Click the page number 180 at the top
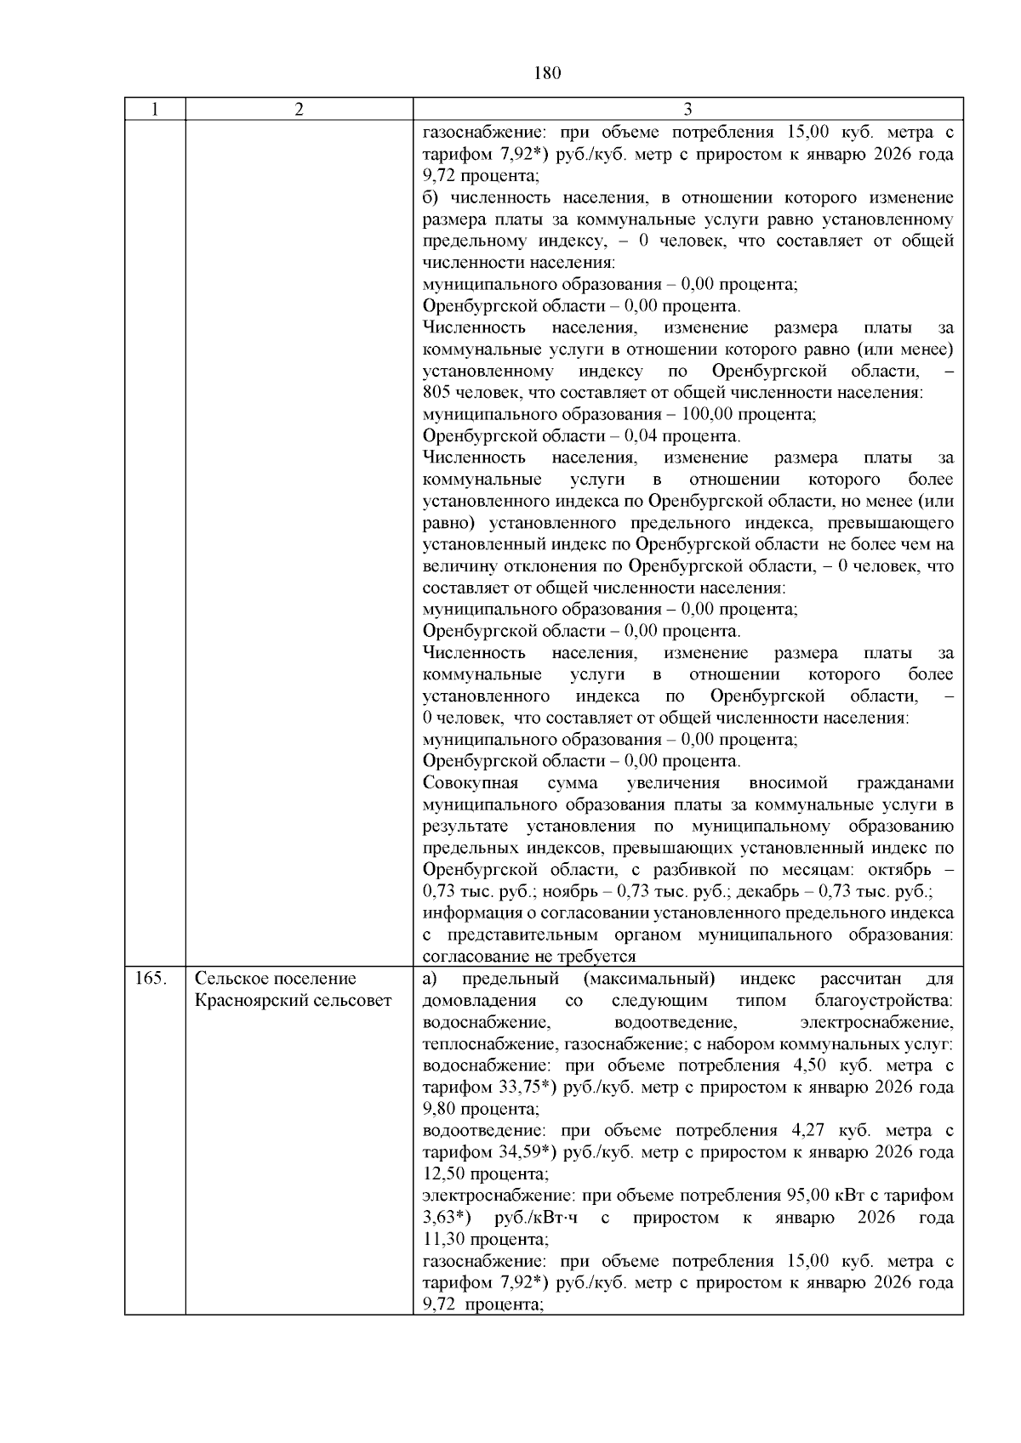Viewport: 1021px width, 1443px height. point(548,73)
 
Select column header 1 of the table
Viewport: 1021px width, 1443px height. point(155,110)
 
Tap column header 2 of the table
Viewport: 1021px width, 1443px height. point(299,110)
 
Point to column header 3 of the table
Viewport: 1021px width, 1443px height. point(687,110)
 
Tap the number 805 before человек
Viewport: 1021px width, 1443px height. point(436,393)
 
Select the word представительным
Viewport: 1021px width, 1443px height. point(538,935)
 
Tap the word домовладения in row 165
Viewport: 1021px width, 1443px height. point(479,1001)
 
